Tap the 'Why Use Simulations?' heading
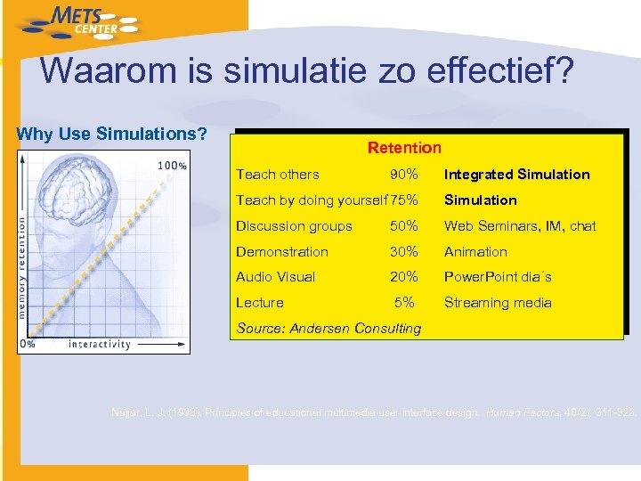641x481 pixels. click(112, 135)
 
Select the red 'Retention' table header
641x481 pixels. click(404, 148)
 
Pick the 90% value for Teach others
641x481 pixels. click(404, 175)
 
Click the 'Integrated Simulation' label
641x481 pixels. click(516, 175)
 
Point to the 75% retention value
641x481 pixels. click(403, 200)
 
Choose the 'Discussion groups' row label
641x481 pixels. click(294, 226)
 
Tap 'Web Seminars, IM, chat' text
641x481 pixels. click(520, 226)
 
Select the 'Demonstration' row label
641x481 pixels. click(282, 252)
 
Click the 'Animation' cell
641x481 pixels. click(475, 252)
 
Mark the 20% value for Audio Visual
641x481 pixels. click(404, 277)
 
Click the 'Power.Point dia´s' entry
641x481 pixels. click(498, 277)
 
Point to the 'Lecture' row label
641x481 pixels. click(260, 303)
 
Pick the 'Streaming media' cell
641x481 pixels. click(498, 303)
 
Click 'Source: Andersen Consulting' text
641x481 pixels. click(329, 329)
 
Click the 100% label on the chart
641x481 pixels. click(172, 166)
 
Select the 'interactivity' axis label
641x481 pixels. click(99, 344)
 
